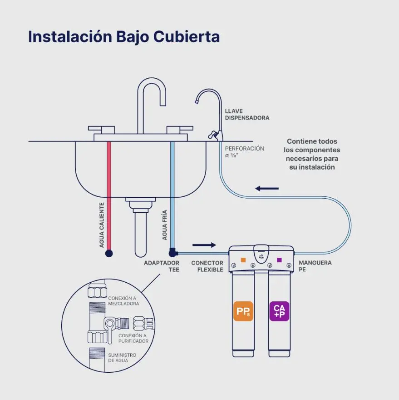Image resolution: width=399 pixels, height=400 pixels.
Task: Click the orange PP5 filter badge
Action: coord(243,311)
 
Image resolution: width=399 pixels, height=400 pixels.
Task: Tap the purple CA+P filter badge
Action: coord(279,311)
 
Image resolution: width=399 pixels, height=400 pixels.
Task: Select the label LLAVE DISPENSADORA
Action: coord(247,115)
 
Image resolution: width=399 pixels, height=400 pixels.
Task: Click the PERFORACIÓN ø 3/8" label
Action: coord(244,152)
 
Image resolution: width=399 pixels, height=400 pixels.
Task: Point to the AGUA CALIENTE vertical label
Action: coord(102,225)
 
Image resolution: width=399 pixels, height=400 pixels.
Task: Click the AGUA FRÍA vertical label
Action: coord(165,225)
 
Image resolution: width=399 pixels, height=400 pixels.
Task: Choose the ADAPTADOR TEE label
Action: coord(162,266)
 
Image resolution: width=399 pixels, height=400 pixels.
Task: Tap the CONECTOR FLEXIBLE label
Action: coord(207,266)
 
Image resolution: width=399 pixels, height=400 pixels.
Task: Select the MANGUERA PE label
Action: coord(315,266)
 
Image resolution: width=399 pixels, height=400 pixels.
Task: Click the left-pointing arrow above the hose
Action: coord(267,189)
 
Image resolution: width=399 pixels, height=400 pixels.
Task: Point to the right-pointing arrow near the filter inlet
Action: coord(204,245)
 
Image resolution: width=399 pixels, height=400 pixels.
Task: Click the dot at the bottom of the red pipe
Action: coord(109,253)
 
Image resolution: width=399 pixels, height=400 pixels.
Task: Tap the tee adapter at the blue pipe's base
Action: coord(173,252)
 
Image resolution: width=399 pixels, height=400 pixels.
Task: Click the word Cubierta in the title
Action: coord(187,37)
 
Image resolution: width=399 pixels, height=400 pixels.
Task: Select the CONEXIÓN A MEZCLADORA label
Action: coord(123,301)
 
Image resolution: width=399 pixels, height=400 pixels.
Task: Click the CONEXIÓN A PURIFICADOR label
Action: coord(133,338)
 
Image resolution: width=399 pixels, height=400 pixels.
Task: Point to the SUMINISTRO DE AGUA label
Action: coord(122,358)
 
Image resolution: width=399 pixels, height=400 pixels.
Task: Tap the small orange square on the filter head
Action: coord(243,260)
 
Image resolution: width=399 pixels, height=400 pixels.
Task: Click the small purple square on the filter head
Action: coord(279,260)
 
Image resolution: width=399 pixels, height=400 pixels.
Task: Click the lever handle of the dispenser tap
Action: coord(212,134)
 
